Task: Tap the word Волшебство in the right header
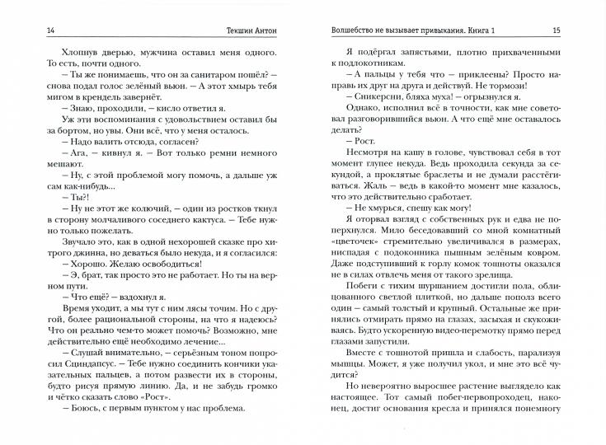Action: [350, 30]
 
